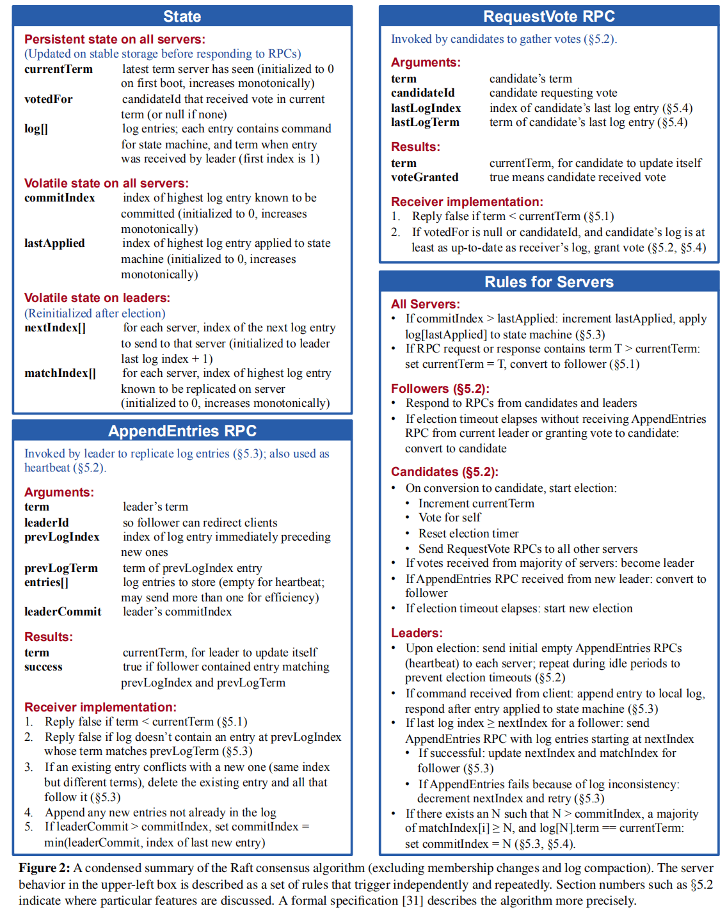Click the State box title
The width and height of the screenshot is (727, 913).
coord(182,17)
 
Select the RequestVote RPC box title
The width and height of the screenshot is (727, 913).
coord(548,17)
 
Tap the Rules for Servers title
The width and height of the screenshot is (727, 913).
coord(548,282)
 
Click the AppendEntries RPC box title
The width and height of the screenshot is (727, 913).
coord(182,431)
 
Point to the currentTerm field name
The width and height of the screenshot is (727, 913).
coord(58,69)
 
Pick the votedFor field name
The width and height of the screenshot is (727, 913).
coord(49,99)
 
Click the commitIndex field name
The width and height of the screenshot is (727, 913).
coord(60,198)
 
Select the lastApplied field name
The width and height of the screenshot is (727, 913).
coord(54,243)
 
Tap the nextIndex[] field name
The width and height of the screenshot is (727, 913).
coord(55,328)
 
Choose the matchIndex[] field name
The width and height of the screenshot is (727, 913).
coord(60,373)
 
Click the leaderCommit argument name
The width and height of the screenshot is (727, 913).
coord(63,612)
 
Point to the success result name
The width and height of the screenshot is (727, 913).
coord(43,667)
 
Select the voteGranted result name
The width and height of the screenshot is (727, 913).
coord(424,177)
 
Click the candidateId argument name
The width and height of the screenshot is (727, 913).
coord(422,93)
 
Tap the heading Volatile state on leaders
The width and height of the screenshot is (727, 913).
coord(97,298)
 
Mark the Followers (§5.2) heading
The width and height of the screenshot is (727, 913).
coord(440,388)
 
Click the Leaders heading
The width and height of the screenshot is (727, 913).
coord(417,633)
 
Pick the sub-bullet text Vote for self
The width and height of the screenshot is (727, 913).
coord(449,518)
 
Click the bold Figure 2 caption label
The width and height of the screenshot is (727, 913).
coord(44,868)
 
